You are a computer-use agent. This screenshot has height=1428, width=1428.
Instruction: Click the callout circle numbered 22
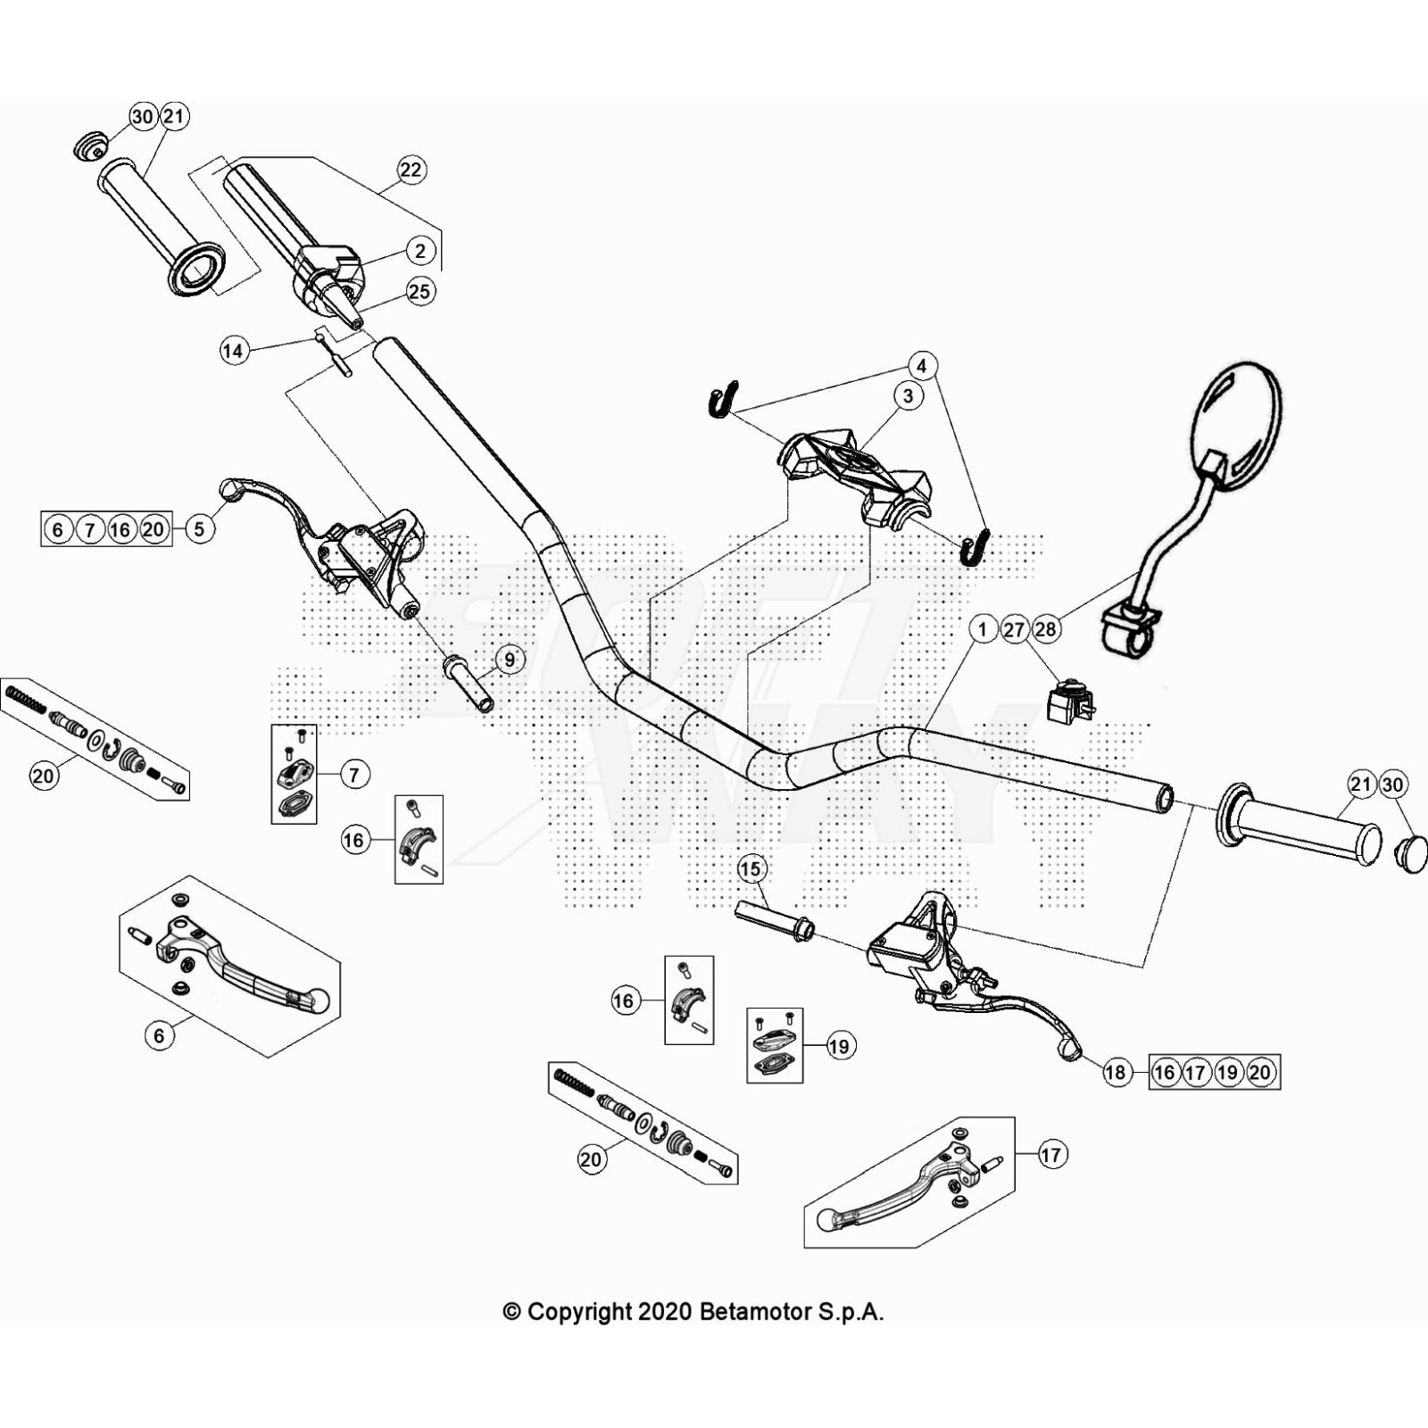(x=411, y=170)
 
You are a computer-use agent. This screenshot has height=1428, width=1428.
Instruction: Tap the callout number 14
(x=233, y=351)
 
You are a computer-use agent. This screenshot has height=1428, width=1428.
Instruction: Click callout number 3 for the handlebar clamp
(x=909, y=395)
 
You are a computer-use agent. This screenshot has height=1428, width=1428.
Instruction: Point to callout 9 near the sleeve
(x=510, y=660)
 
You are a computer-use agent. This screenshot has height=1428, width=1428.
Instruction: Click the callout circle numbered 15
(x=751, y=868)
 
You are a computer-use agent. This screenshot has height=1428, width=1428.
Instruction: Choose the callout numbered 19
(x=839, y=1046)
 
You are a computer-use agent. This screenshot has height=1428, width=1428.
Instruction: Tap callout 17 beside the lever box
(x=1051, y=1155)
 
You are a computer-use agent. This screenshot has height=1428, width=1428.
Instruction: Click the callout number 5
(x=199, y=529)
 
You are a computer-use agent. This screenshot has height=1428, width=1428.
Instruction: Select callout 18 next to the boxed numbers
(x=1116, y=1072)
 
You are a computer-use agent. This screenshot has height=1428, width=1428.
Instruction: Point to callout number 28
(x=1045, y=629)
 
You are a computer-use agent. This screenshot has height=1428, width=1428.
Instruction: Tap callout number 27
(x=1014, y=629)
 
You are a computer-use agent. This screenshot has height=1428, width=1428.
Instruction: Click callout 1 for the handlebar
(x=983, y=629)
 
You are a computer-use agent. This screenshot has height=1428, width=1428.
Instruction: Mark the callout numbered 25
(x=419, y=291)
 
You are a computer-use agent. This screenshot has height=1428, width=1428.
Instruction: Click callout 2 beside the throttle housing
(x=420, y=251)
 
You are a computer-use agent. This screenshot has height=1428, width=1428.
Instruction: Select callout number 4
(x=922, y=365)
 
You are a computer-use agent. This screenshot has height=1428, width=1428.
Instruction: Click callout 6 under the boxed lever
(x=160, y=1035)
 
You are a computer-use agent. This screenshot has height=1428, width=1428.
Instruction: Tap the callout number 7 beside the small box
(x=354, y=775)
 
